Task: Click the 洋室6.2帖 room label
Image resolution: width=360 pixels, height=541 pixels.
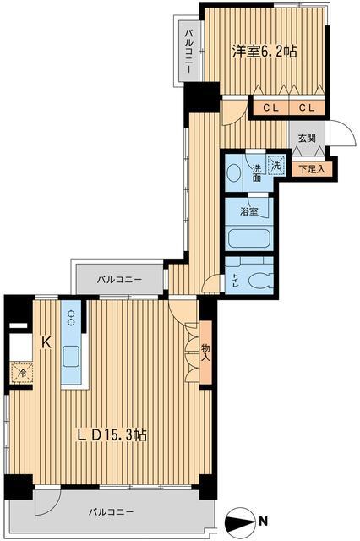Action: click(265, 52)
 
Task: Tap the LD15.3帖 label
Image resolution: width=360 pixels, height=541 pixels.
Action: click(112, 434)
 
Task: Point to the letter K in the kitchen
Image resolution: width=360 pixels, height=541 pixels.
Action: click(46, 342)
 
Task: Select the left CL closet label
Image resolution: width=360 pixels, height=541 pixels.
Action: click(270, 107)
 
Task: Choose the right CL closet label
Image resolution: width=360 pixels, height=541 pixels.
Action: click(307, 107)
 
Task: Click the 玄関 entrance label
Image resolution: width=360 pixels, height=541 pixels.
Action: click(307, 138)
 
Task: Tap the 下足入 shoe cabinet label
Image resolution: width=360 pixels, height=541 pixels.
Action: click(312, 169)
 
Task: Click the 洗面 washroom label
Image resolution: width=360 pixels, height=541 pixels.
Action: click(257, 173)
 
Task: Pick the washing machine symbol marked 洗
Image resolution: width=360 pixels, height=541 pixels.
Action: click(276, 166)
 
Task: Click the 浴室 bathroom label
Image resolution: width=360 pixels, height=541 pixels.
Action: click(249, 211)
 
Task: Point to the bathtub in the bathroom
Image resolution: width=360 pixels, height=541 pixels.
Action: click(249, 238)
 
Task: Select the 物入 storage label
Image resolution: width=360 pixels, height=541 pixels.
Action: click(205, 352)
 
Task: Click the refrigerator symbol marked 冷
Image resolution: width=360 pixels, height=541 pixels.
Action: click(21, 373)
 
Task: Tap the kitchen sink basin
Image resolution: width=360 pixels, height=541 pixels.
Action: click(71, 357)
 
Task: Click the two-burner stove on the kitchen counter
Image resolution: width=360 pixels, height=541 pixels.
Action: click(71, 318)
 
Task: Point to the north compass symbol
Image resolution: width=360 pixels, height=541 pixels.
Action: click(238, 521)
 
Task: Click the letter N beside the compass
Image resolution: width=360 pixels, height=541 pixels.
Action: click(264, 521)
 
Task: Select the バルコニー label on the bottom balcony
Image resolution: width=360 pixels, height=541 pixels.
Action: click(111, 511)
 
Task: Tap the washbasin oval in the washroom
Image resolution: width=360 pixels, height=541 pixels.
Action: click(234, 173)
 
